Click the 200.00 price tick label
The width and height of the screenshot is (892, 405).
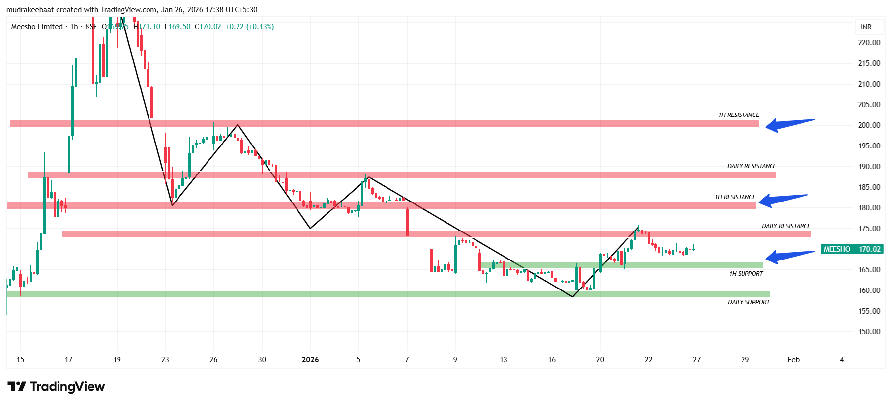pos(868,125)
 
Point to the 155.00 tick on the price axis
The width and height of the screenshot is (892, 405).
pos(868,311)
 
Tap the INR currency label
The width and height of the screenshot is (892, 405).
pos(866,27)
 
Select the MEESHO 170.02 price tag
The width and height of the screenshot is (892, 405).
pos(852,249)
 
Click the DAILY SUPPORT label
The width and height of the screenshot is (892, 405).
pos(748,302)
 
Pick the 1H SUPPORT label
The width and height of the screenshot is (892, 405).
pos(746,274)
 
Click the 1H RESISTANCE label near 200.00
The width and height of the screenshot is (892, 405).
pos(739,115)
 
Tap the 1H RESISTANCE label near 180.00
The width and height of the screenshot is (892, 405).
pos(735,197)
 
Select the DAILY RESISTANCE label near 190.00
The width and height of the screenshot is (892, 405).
pos(752,166)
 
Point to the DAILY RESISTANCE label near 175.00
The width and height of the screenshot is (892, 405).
pos(786,226)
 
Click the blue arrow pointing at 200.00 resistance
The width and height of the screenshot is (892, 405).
pos(789,125)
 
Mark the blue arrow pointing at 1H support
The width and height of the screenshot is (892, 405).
pos(789,256)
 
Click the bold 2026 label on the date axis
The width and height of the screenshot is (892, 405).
pos(310,360)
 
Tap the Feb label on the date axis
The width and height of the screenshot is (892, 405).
pos(793,360)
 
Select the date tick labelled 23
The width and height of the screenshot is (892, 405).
pos(165,360)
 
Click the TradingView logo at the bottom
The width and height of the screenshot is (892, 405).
pos(56,387)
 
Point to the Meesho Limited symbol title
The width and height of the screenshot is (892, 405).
pos(37,27)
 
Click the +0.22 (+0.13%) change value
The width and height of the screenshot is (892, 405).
pos(249,27)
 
